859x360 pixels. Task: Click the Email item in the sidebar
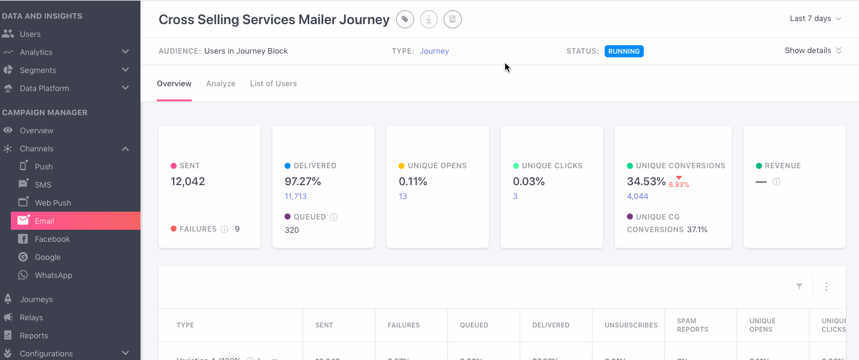(45, 221)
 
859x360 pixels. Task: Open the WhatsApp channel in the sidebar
(53, 275)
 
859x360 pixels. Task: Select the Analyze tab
(221, 83)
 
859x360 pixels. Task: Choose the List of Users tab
(273, 83)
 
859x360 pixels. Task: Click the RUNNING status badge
(624, 51)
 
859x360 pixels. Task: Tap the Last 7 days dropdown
(815, 19)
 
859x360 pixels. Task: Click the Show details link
(813, 51)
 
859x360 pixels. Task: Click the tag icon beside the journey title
(404, 19)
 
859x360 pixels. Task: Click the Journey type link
(434, 51)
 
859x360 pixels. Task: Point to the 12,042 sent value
(187, 182)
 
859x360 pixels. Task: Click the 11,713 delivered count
(295, 197)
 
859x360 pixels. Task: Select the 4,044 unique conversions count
(637, 197)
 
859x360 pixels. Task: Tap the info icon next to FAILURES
(224, 229)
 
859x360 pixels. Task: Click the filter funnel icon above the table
(799, 286)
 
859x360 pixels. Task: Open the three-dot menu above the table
(826, 286)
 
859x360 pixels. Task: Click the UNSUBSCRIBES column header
(631, 325)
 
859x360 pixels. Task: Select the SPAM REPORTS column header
(692, 325)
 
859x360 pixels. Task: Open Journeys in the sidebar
(36, 299)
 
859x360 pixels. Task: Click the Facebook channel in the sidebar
(52, 239)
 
